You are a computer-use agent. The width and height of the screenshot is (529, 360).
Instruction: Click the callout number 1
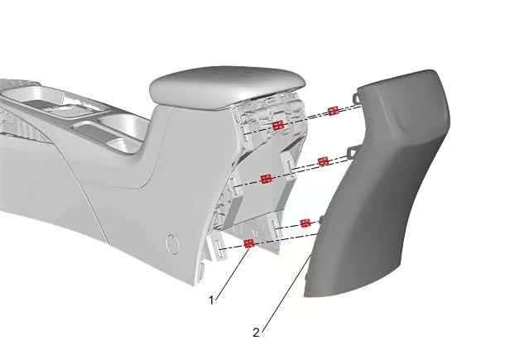pyautogui.click(x=212, y=300)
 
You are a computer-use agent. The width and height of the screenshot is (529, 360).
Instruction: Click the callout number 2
pyautogui.click(x=256, y=333)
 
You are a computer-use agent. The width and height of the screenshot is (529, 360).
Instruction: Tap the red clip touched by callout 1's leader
pyautogui.click(x=249, y=243)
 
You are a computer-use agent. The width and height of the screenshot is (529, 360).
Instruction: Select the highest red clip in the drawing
pyautogui.click(x=334, y=110)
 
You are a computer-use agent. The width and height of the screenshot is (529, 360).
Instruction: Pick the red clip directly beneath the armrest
pyautogui.click(x=278, y=126)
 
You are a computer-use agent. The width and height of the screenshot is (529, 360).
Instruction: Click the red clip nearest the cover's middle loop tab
pyautogui.click(x=323, y=161)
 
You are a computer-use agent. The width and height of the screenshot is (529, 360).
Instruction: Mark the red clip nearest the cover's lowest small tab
pyautogui.click(x=305, y=223)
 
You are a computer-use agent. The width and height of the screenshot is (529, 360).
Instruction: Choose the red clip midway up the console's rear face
pyautogui.click(x=267, y=179)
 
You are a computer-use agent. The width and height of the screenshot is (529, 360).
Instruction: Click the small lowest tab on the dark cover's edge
pyautogui.click(x=321, y=220)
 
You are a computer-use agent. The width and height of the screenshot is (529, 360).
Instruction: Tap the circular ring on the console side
pyautogui.click(x=173, y=243)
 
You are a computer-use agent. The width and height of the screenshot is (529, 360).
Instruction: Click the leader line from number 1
pyautogui.click(x=231, y=272)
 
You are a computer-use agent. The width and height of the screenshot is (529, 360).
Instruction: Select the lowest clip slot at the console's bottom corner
pyautogui.click(x=219, y=249)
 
